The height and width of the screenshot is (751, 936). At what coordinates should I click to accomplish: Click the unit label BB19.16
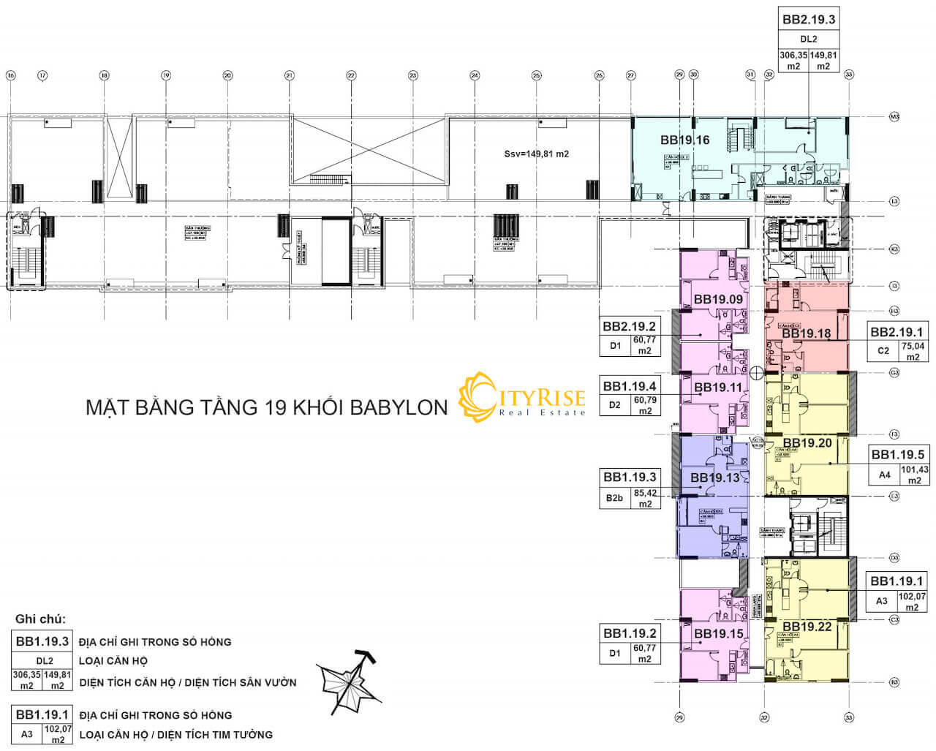684,140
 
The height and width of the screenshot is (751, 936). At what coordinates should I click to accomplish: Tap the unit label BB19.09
718,299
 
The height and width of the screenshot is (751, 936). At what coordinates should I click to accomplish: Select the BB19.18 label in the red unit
807,333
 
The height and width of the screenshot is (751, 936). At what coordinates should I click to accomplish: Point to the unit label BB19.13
715,478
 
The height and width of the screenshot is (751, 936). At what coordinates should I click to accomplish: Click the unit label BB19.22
807,627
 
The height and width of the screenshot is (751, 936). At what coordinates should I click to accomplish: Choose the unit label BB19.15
718,633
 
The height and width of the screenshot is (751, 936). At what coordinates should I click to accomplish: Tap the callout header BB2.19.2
629,326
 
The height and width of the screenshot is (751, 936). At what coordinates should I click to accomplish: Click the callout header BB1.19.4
629,386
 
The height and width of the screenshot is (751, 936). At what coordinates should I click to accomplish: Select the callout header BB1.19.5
897,454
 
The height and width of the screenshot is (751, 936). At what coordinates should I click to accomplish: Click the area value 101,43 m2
913,475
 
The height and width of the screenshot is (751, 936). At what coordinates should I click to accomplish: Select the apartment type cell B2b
614,499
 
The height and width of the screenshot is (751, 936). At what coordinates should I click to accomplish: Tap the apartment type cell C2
883,351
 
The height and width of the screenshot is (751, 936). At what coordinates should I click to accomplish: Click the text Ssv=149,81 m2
536,154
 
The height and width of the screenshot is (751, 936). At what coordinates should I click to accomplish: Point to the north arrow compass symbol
348,681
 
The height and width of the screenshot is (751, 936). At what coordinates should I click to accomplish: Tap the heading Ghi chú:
40,619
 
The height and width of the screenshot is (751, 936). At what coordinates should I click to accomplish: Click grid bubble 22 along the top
351,75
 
